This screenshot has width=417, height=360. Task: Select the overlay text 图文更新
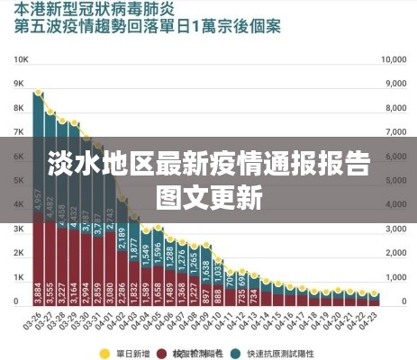(209, 195)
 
